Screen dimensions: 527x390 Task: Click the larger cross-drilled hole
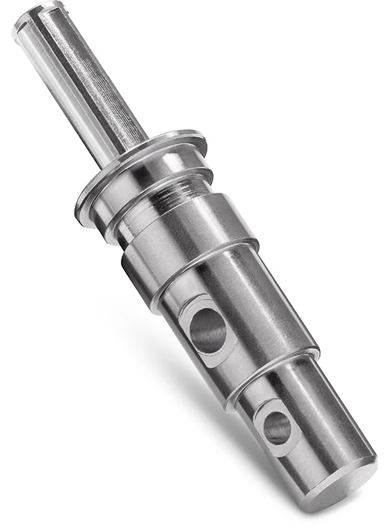[207, 329]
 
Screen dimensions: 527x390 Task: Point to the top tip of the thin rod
[31, 19]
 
